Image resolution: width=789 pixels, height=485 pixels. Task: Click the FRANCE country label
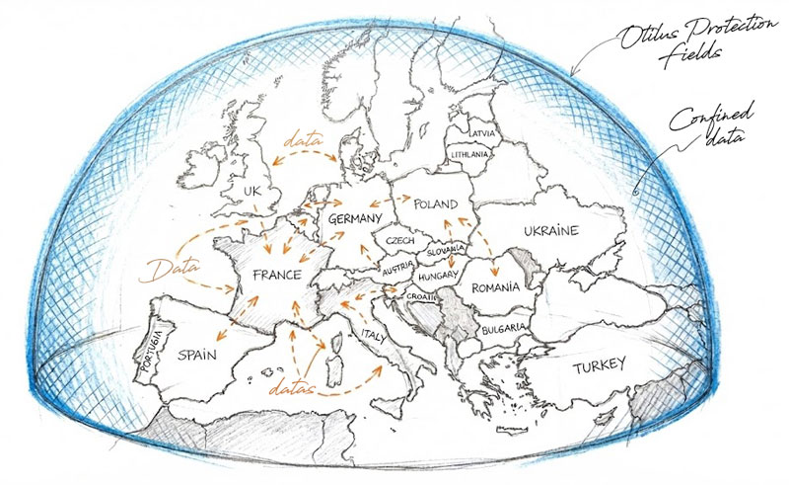276,278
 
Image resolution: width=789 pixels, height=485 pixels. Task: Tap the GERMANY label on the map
356,218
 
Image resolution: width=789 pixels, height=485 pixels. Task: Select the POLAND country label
435,204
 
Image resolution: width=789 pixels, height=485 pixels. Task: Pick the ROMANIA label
495,287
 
